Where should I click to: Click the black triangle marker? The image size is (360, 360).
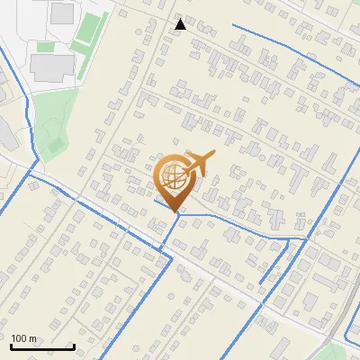coord(181,24)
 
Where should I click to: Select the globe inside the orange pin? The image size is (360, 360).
coord(175,175)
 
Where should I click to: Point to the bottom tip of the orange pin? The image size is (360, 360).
coord(175,212)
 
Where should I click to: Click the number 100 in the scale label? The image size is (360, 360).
coord(19,338)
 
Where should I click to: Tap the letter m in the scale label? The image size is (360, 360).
coord(33,338)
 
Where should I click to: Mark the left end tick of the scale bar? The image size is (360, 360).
coord(11,346)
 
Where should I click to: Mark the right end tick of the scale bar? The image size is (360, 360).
coord(74,346)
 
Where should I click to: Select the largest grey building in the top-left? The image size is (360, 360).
coord(52,65)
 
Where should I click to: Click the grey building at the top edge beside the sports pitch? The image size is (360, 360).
coord(62,13)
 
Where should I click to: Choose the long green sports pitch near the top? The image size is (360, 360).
coord(90,31)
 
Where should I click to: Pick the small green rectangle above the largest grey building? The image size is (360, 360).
coord(44,46)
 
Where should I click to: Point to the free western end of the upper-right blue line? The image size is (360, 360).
coord(233,25)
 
